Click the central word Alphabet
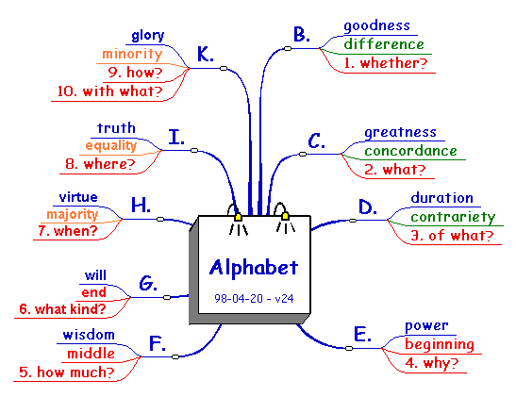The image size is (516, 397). click(x=254, y=268)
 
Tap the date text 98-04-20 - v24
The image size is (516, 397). click(x=254, y=298)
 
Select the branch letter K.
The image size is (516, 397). click(x=206, y=54)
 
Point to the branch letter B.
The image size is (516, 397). click(x=302, y=34)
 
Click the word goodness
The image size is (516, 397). click(x=376, y=25)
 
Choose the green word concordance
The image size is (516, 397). click(x=410, y=151)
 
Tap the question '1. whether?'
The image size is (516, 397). click(x=386, y=63)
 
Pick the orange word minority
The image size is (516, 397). click(x=132, y=54)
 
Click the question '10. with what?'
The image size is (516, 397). click(x=110, y=91)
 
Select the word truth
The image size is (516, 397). click(x=116, y=128)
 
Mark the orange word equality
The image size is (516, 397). click(x=111, y=145)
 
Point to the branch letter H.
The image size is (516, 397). click(x=141, y=205)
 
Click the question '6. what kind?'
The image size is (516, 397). click(x=62, y=309)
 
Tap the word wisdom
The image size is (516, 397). click(x=89, y=335)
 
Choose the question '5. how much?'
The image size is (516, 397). click(x=66, y=372)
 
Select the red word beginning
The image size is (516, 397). click(x=440, y=345)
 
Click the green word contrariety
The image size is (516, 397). click(x=453, y=218)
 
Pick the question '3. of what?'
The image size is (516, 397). click(x=452, y=236)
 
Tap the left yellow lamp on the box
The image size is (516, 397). click(x=239, y=217)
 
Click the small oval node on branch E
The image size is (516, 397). click(x=349, y=348)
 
